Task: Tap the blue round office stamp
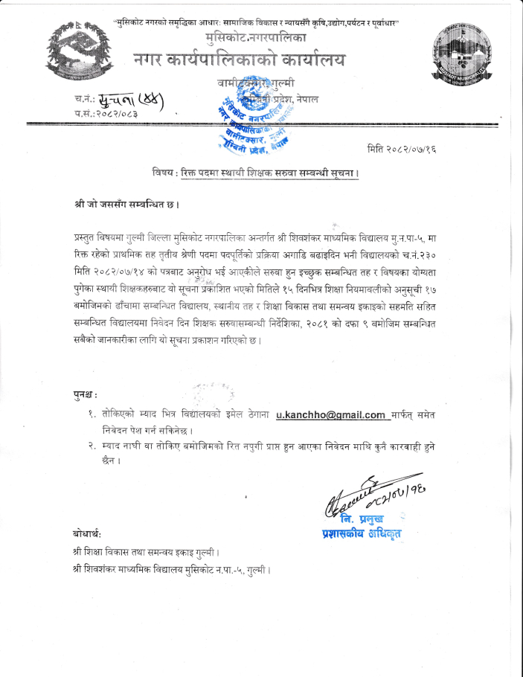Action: [240, 119]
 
